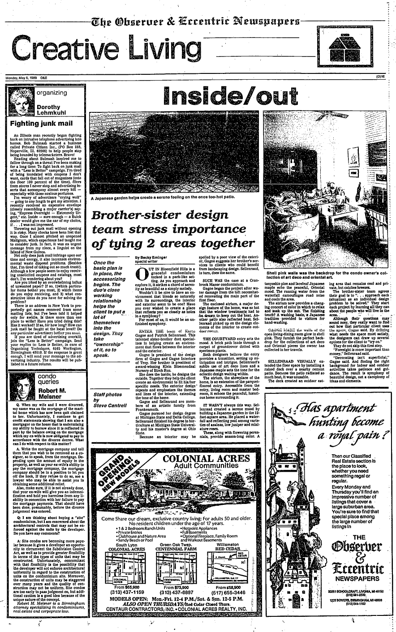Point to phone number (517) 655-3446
pos(228,591)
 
